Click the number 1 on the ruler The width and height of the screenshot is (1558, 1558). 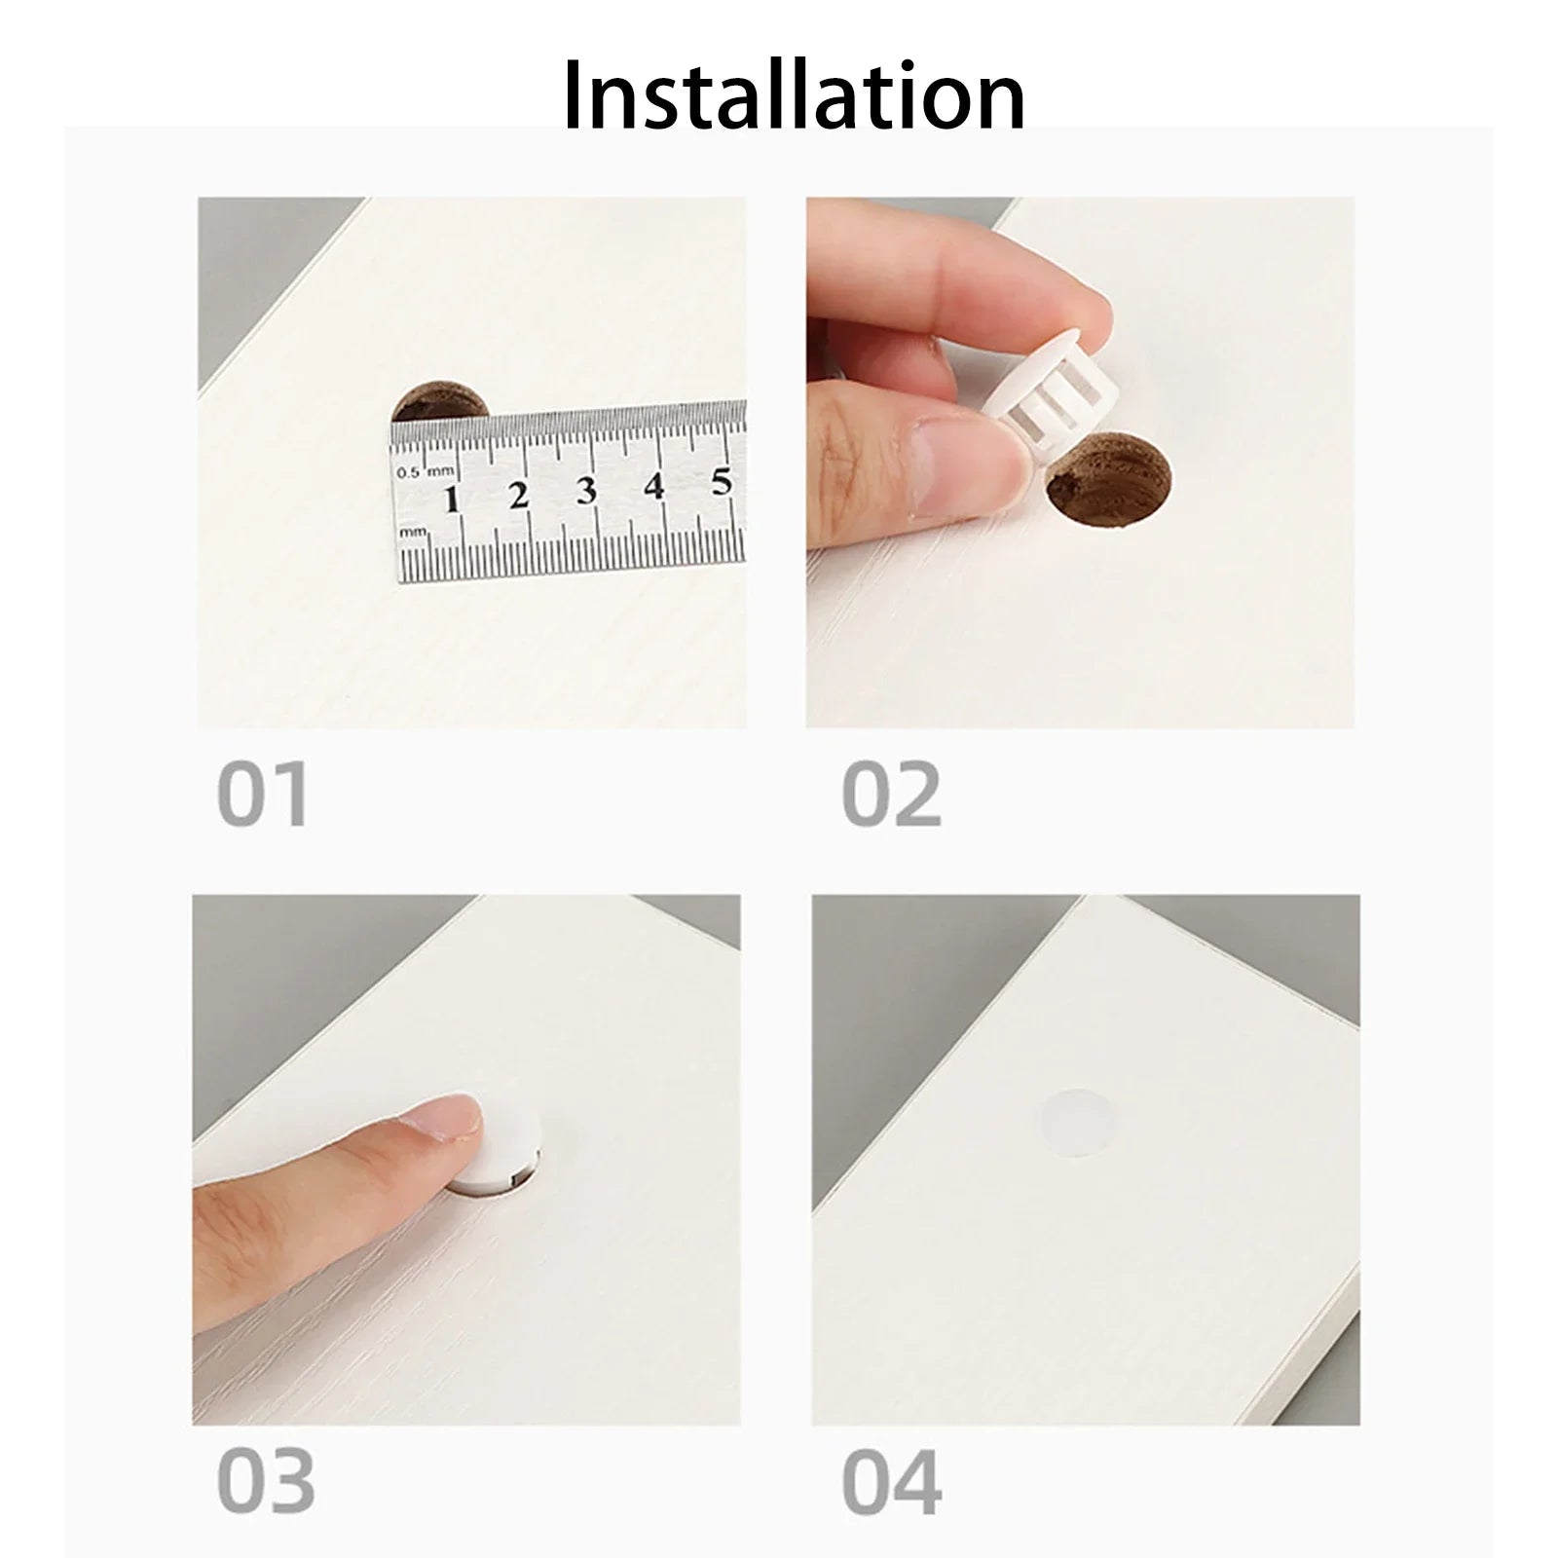click(x=451, y=500)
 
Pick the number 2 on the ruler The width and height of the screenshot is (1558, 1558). click(x=518, y=495)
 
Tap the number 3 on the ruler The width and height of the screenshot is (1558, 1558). click(x=585, y=490)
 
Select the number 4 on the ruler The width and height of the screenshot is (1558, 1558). click(x=653, y=485)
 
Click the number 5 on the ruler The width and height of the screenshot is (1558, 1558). click(x=721, y=481)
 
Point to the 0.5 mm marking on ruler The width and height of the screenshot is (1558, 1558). click(x=426, y=471)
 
